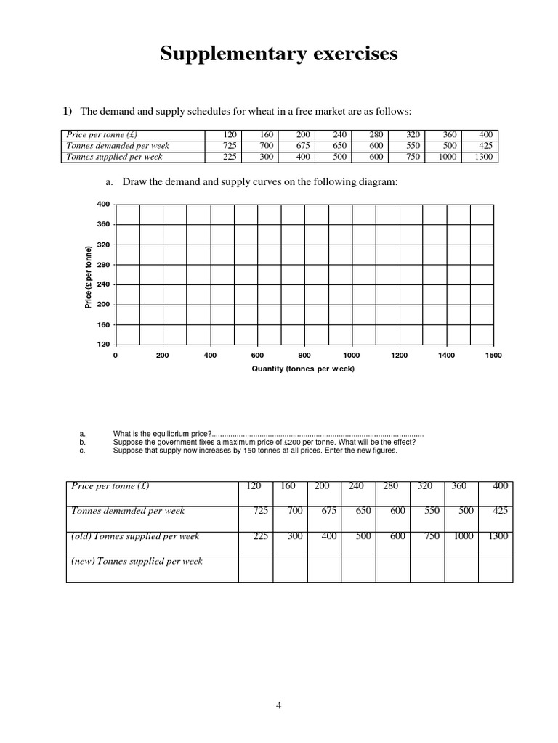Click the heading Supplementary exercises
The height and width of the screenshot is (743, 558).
pos(279,54)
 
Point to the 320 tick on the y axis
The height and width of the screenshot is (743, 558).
pos(103,245)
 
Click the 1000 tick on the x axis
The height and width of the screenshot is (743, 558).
pos(352,356)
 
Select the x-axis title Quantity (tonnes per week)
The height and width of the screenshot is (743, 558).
pos(304,369)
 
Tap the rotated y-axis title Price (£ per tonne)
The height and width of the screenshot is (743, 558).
pos(88,278)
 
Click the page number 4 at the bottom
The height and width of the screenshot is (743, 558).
pos(278,704)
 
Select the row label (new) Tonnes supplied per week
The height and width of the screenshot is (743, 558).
pos(137,561)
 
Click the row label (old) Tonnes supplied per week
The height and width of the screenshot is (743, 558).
pos(135,536)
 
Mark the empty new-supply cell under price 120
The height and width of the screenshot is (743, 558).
pos(256,569)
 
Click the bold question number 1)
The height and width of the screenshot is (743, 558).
pos(67,111)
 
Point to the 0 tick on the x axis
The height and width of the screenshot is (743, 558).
pos(116,356)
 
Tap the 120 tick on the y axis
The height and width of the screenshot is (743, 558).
pos(103,344)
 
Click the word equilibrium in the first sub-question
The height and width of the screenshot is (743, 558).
pos(163,434)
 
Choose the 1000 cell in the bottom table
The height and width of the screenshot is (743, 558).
pos(461,536)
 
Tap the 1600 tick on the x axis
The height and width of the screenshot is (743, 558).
pos(493,356)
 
